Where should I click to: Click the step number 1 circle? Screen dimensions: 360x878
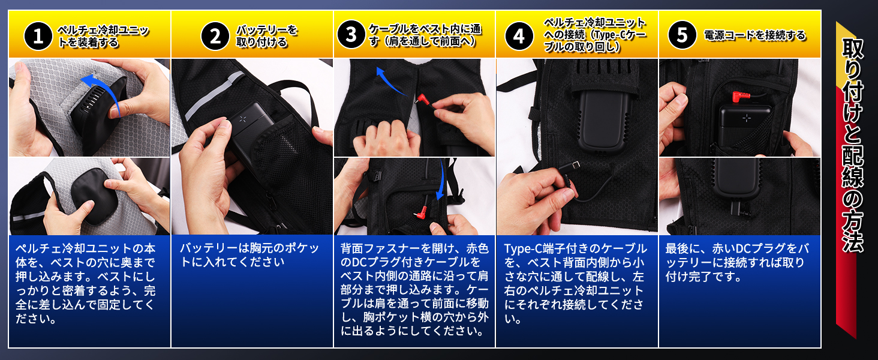(39, 37)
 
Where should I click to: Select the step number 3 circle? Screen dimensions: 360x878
(351, 37)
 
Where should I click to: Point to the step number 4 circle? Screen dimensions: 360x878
(519, 37)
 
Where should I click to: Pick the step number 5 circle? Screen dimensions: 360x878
(682, 36)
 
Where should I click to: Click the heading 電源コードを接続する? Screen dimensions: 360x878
(754, 36)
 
